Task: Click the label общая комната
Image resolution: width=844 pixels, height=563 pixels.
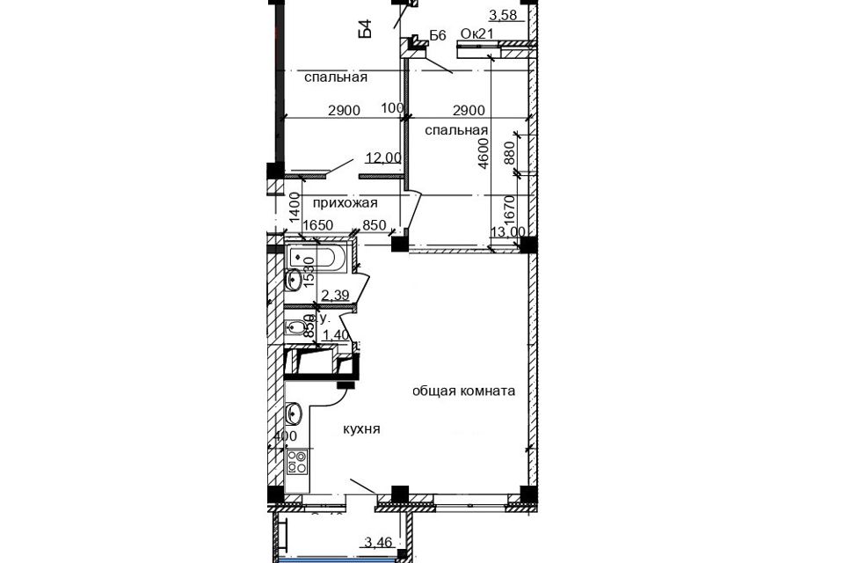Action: coord(463,391)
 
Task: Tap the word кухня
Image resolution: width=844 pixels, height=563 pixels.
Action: coord(361,429)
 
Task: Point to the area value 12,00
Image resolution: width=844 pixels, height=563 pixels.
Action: coord(383,157)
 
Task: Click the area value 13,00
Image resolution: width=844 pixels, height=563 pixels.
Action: coord(507,232)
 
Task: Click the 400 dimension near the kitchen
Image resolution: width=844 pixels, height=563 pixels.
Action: coord(286,436)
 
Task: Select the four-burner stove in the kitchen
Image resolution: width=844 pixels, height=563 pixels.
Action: coord(297,460)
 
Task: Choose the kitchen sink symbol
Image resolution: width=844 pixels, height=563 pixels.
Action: coord(295,412)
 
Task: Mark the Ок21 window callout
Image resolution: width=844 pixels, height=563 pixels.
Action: coord(477,34)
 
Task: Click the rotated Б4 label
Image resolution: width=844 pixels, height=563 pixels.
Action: coord(365,28)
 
